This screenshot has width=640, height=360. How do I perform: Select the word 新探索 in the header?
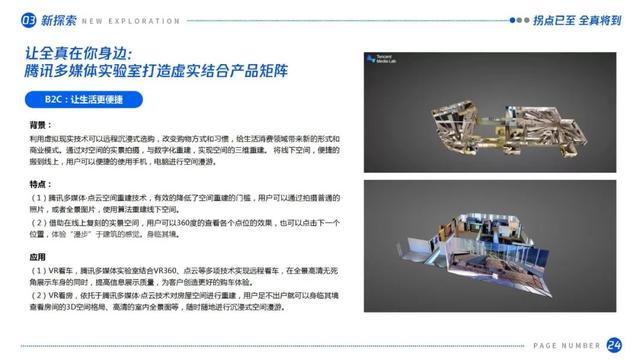(x=54, y=18)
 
